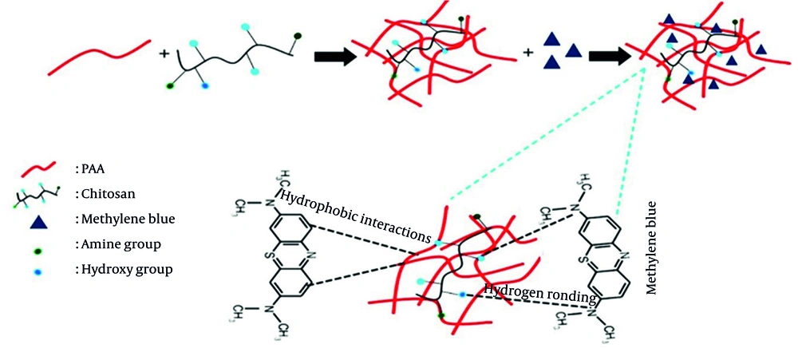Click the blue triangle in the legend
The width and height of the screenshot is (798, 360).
pos(38,218)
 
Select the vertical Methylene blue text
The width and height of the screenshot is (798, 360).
pos(652,248)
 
